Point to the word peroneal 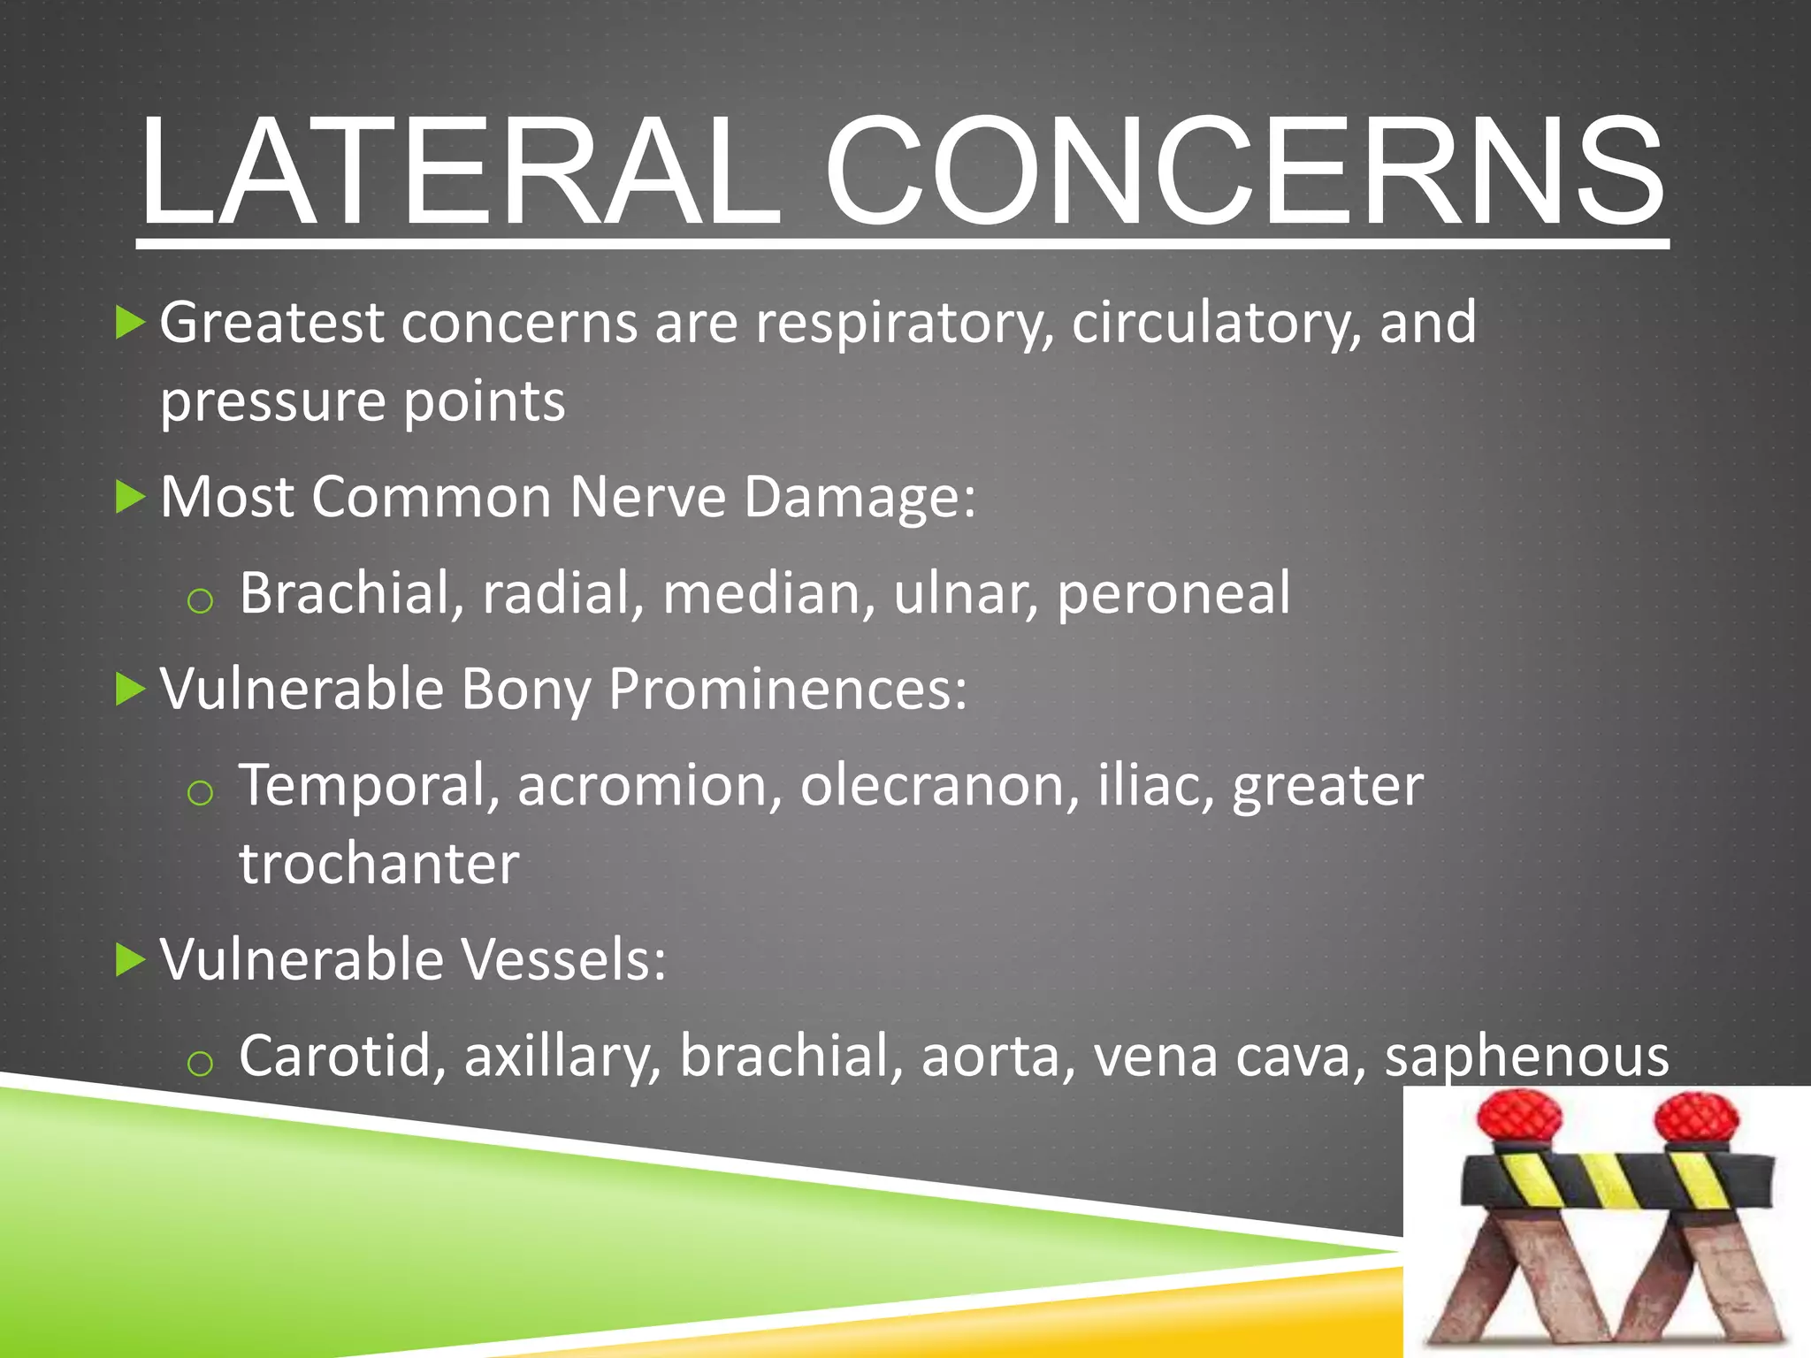pos(1173,593)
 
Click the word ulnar pos(965,593)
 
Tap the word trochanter pos(378,864)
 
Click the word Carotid pos(341,1056)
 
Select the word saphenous pos(1526,1057)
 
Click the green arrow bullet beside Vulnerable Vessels pos(130,960)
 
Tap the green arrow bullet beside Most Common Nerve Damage pos(130,498)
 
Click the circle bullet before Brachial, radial pos(201,601)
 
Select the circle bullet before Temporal pos(201,793)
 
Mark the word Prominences pos(787,690)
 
